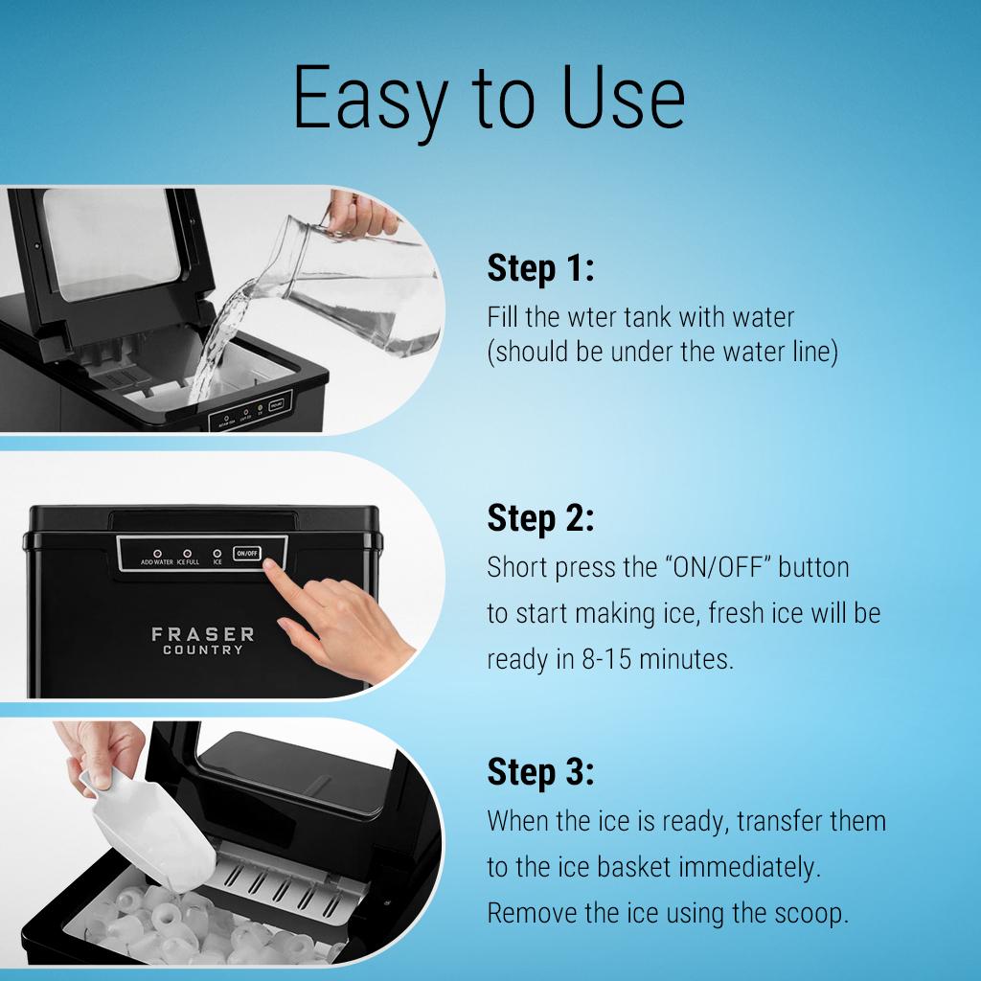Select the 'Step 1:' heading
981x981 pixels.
[x=540, y=268]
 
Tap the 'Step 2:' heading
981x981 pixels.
[x=540, y=518]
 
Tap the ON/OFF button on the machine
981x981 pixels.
[x=247, y=553]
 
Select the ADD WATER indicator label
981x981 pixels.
[x=156, y=562]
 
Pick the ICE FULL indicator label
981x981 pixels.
[x=187, y=562]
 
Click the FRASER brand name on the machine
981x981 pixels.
[x=203, y=634]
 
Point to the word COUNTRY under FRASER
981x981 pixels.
[x=203, y=651]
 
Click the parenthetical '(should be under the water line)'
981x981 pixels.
[x=663, y=353]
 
